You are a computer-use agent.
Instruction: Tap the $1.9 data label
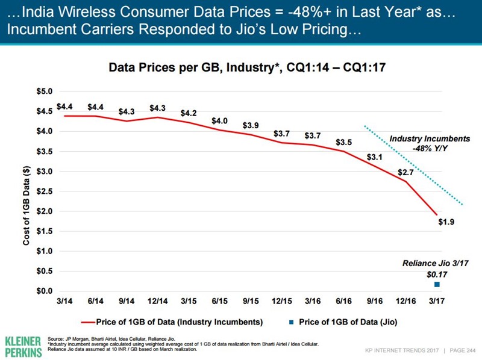pos(446,222)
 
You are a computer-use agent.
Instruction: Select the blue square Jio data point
pos(437,284)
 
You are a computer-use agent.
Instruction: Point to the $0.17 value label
pos(437,275)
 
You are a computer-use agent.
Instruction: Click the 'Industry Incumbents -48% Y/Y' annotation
pos(420,143)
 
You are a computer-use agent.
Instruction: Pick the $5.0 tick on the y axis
pos(44,92)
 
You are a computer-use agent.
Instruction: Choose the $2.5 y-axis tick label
pos(44,191)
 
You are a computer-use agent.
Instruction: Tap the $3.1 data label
pos(375,157)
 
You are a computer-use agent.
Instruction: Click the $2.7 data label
pos(406,172)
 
